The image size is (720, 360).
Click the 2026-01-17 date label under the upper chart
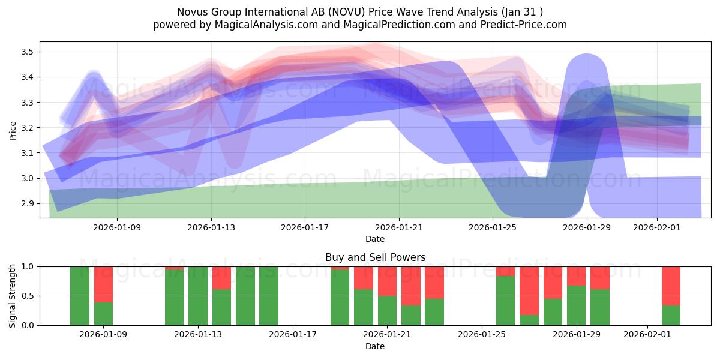(305, 227)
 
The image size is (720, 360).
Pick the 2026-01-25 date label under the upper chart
(493, 227)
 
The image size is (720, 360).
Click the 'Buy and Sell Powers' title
(375, 257)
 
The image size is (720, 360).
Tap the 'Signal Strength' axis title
(13, 296)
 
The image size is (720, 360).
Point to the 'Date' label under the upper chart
(375, 239)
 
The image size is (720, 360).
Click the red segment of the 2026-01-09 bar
(103, 284)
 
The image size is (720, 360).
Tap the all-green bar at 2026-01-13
(198, 296)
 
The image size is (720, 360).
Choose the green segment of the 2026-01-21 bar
(387, 310)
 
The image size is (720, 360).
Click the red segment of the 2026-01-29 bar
(577, 275)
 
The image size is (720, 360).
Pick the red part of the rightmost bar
(671, 286)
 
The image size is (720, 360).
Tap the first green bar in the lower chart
(80, 296)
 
